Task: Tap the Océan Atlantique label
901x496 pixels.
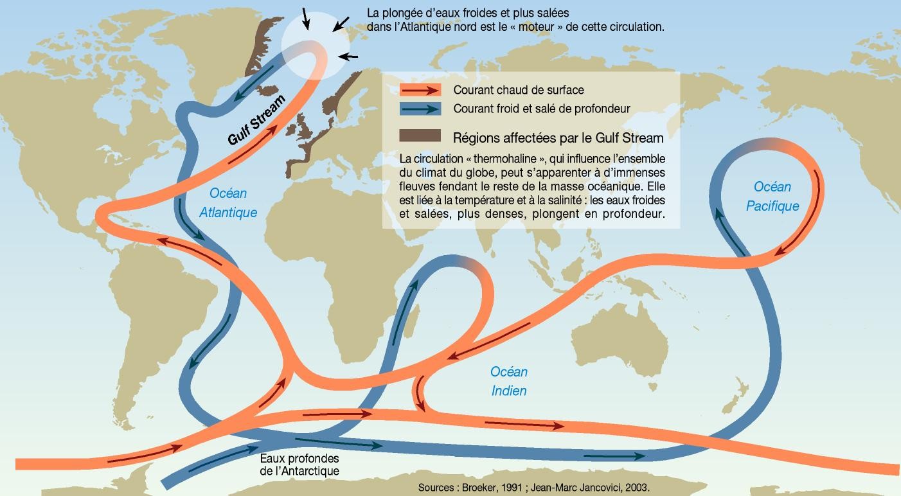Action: [x=227, y=202]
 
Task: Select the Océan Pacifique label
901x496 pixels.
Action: [x=772, y=196]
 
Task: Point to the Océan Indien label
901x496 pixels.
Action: [x=509, y=381]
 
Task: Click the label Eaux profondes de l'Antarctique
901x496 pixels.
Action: [x=299, y=465]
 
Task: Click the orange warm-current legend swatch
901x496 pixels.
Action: [x=420, y=90]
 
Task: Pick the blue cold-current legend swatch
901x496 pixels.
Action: [x=420, y=109]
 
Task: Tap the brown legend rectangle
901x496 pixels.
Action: [x=420, y=136]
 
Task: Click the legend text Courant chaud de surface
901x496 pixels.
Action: [x=519, y=91]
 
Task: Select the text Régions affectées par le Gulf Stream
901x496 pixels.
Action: [x=558, y=137]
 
